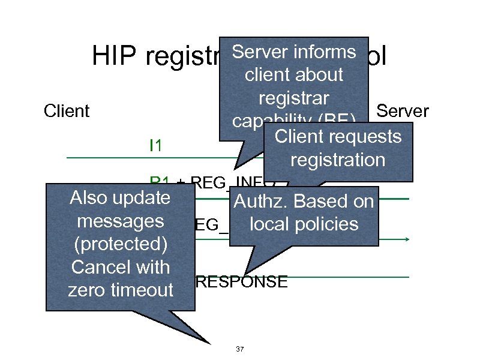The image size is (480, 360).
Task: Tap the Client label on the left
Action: click(x=67, y=111)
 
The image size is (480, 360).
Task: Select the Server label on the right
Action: click(x=402, y=111)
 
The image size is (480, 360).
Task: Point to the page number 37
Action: click(x=240, y=349)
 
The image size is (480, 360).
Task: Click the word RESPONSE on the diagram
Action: click(x=242, y=282)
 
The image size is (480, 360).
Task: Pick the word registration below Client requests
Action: click(x=337, y=160)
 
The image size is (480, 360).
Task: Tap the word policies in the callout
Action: click(x=329, y=224)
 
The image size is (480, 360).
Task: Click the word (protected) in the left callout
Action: click(x=120, y=244)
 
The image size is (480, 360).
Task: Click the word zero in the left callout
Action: click(x=86, y=290)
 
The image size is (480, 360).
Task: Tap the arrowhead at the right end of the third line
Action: click(x=409, y=239)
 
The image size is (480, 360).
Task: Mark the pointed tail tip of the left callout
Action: click(x=211, y=344)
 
